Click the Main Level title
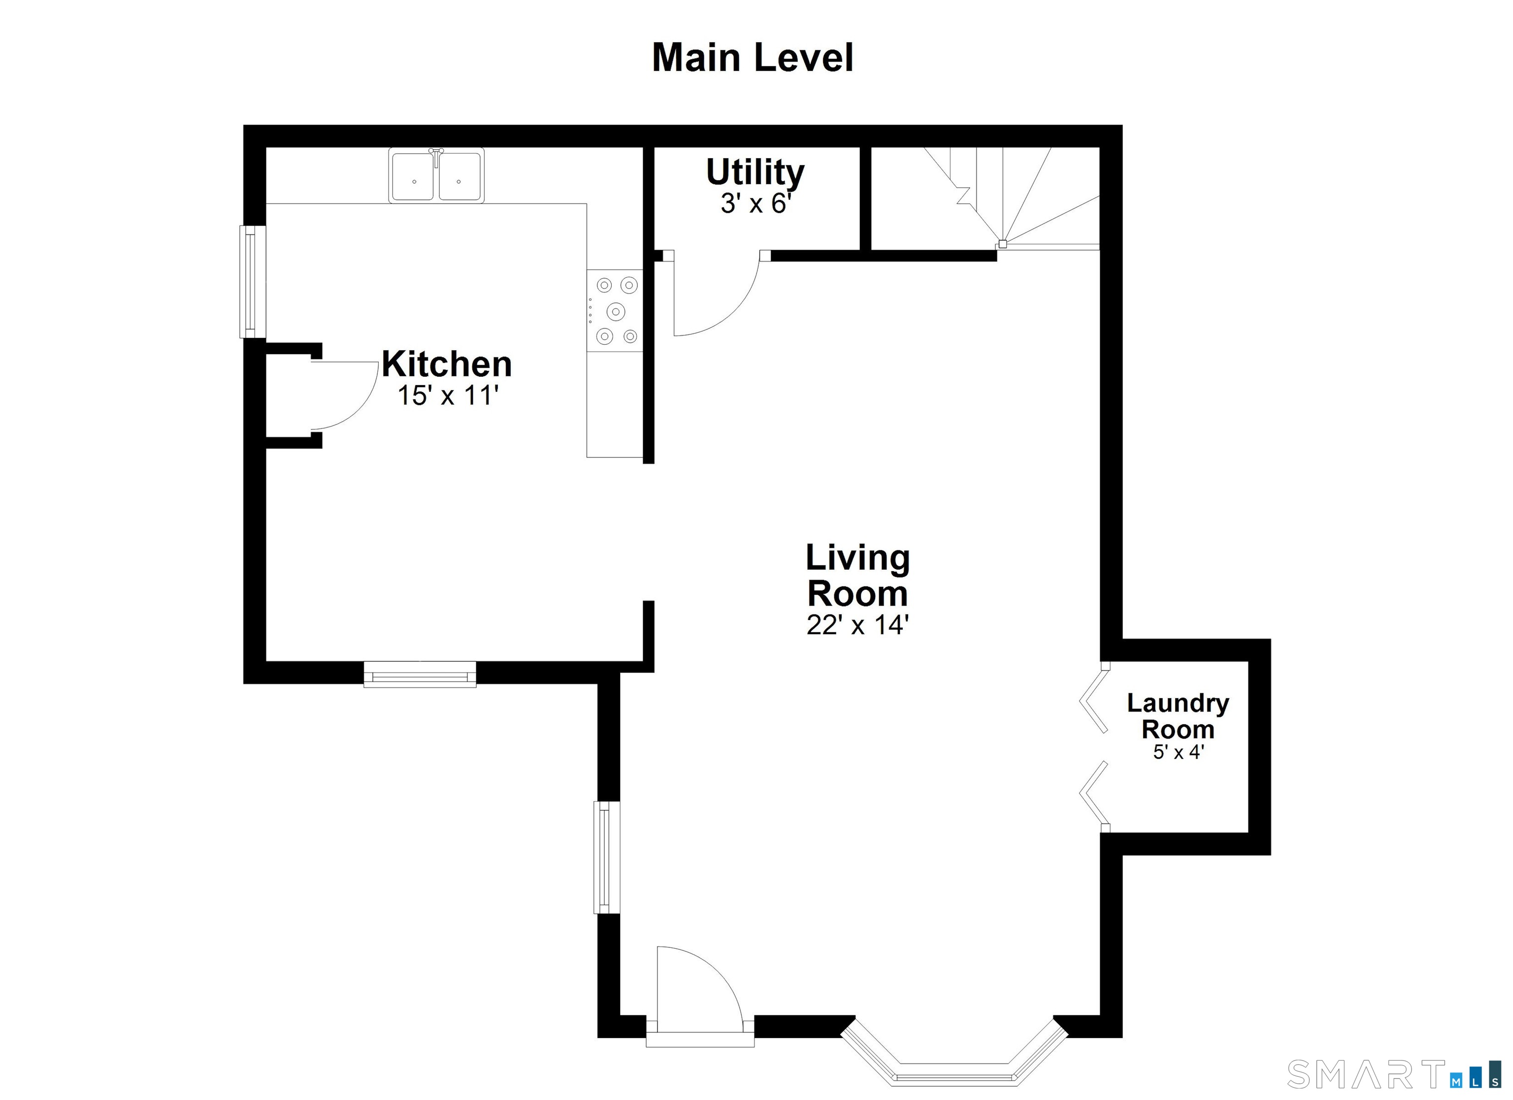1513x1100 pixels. coord(752,58)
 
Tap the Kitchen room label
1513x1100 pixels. coord(446,364)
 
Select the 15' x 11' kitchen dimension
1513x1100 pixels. coord(448,395)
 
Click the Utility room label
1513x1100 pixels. coord(755,172)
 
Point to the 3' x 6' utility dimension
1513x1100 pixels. coord(755,203)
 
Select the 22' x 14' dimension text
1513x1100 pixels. coord(857,625)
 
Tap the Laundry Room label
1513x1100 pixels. coord(1178,716)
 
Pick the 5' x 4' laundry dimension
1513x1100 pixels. coord(1178,752)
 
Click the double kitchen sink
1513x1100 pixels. coord(436,175)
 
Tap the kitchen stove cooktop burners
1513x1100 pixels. coord(615,311)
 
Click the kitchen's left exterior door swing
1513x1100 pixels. coord(344,395)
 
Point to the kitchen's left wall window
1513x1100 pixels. coord(252,282)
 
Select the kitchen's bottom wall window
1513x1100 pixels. coord(420,674)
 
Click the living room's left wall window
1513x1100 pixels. coord(606,857)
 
